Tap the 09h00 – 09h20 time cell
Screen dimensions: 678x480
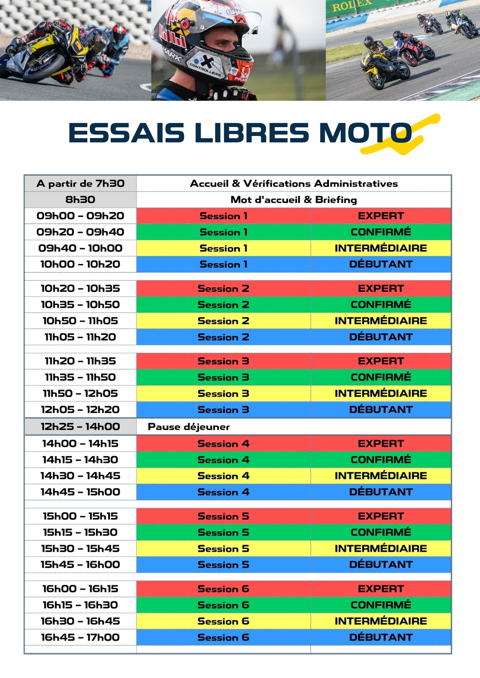80,216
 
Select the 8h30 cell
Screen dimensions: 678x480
80,200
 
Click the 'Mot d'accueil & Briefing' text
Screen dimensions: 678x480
294,200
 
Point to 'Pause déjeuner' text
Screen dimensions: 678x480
189,427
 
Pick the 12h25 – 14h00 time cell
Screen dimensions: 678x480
80,427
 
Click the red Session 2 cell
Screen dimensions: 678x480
223,288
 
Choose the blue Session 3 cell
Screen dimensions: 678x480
223,410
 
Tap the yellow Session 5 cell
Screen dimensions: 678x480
223,549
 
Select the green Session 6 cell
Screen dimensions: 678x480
223,605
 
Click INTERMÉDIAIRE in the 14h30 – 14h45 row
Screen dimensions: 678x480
381,476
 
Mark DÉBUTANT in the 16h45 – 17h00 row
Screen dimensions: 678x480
381,637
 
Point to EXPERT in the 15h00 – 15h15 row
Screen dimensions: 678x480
381,516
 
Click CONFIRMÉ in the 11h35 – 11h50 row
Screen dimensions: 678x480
381,377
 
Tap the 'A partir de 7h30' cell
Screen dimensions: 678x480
80,184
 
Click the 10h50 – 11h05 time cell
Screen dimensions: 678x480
80,321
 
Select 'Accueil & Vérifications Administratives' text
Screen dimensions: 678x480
294,184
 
